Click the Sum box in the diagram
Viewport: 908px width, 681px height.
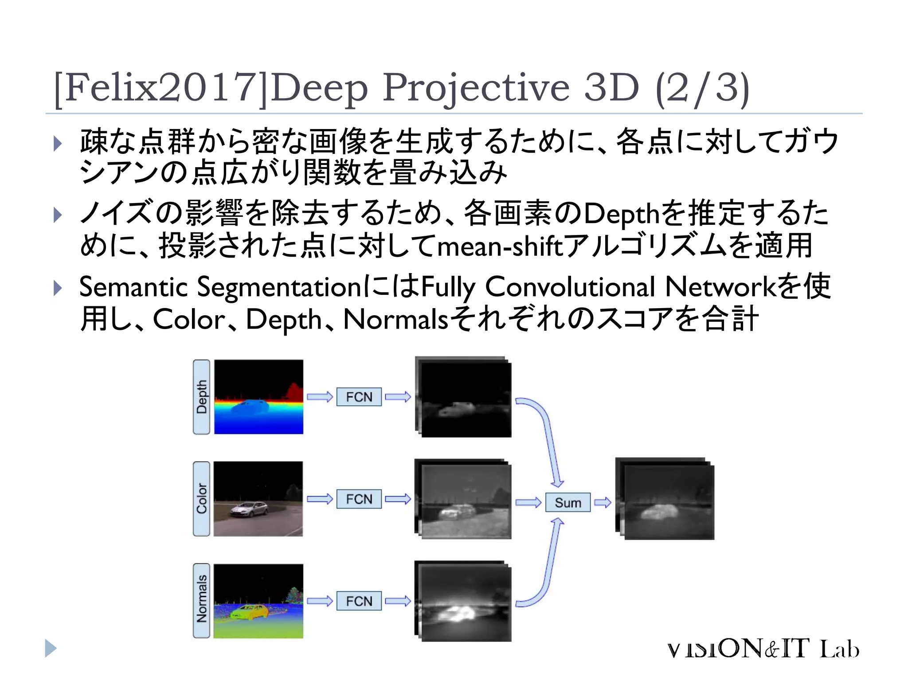pos(567,502)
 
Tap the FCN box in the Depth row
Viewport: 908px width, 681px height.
pos(359,396)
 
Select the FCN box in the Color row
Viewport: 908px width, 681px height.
pos(359,499)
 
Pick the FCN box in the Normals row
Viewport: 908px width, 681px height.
pos(359,601)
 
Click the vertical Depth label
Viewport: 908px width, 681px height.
pos(202,396)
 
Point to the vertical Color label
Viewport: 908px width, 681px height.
pos(202,498)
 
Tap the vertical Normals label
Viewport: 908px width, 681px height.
pos(202,600)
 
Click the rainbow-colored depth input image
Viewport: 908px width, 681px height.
pos(258,396)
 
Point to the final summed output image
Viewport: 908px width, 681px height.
pos(667,501)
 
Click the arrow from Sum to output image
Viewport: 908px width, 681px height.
pos(603,502)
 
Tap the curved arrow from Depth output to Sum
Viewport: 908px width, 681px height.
pos(546,439)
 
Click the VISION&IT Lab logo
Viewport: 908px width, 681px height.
pos(763,649)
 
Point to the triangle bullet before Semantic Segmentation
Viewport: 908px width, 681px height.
pos(57,288)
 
